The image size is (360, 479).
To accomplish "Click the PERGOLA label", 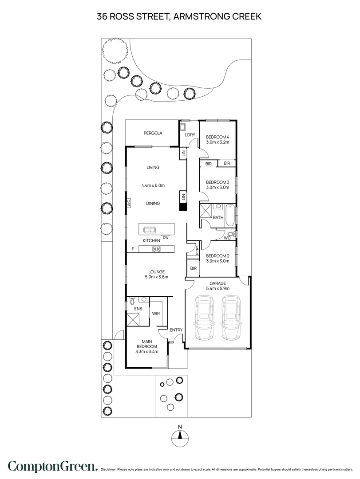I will [x=153, y=133].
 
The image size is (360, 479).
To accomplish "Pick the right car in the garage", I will [x=232, y=318].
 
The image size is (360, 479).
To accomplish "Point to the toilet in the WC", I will [x=230, y=234].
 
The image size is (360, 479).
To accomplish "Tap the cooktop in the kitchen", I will [x=156, y=248].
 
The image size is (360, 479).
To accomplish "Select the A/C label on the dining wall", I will [x=128, y=204].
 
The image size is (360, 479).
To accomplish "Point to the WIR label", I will [x=156, y=314].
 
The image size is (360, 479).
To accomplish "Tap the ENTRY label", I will [x=176, y=330].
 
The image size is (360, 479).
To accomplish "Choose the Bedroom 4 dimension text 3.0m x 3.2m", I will [x=218, y=142].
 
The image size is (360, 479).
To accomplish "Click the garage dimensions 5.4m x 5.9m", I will [x=218, y=289].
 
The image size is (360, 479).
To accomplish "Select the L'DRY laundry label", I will [x=190, y=135].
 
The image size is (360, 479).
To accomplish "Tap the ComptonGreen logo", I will [x=52, y=467].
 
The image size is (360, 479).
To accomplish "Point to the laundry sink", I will [x=183, y=126].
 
